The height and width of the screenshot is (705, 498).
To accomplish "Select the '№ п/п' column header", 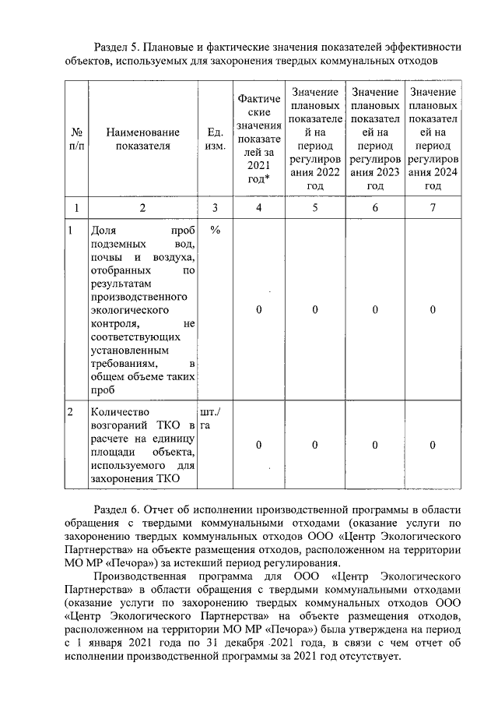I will click(x=77, y=139).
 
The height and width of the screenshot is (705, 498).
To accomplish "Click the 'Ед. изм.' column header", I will click(x=215, y=139).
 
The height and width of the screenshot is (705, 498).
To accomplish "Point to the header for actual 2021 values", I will click(x=258, y=139).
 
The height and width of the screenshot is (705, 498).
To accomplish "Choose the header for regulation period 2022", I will click(x=314, y=139).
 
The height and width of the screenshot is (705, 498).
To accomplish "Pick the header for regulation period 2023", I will click(x=374, y=139).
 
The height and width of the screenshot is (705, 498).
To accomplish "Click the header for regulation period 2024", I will click(x=433, y=139).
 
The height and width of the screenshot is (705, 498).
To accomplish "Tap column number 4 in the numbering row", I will click(x=258, y=207).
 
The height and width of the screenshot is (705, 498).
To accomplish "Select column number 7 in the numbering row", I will click(x=433, y=207).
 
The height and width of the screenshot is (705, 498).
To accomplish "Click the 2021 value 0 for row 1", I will click(x=258, y=310).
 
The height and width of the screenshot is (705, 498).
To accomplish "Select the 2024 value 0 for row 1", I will click(x=433, y=310).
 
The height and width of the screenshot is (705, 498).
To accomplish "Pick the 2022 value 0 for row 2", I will click(x=314, y=445).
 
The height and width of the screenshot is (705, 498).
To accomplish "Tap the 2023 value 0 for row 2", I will click(x=374, y=445).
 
